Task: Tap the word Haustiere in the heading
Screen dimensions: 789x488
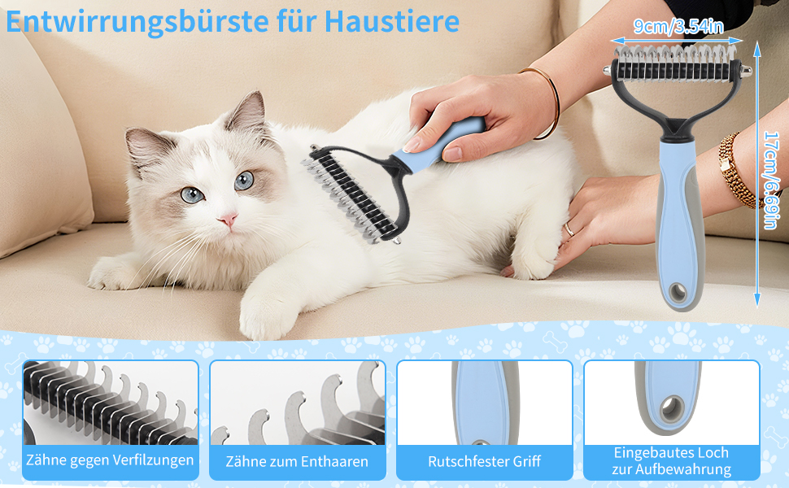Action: pyautogui.click(x=391, y=20)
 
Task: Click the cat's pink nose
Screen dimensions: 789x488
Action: pyautogui.click(x=228, y=219)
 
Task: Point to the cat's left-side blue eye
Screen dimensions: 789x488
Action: pyautogui.click(x=192, y=194)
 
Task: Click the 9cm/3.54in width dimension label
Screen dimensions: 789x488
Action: pyautogui.click(x=678, y=26)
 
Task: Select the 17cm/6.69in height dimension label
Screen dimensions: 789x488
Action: pyautogui.click(x=772, y=180)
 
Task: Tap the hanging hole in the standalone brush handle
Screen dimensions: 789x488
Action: pyautogui.click(x=678, y=291)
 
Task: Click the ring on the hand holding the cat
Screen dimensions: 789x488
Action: pyautogui.click(x=569, y=229)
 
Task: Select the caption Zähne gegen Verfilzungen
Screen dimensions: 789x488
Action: pyautogui.click(x=110, y=460)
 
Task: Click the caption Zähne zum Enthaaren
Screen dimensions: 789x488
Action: pyautogui.click(x=297, y=461)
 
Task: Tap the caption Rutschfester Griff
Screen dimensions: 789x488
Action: pyautogui.click(x=484, y=461)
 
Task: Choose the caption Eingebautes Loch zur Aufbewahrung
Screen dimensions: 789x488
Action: pyautogui.click(x=671, y=461)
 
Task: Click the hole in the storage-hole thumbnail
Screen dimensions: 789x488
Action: pyautogui.click(x=672, y=409)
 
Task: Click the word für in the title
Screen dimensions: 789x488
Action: pyautogui.click(x=297, y=20)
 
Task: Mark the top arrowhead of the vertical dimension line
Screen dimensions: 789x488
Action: pyautogui.click(x=757, y=48)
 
